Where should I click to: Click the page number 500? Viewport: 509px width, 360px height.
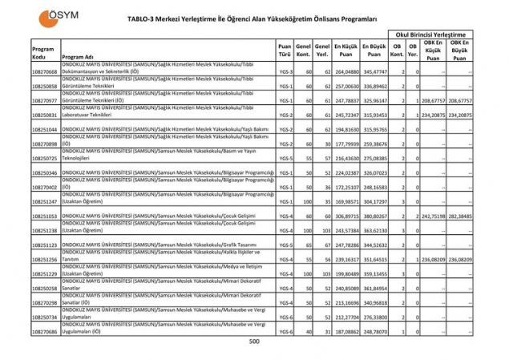pyautogui.click(x=254, y=342)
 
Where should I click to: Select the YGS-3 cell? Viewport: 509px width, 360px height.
pyautogui.click(x=285, y=71)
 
